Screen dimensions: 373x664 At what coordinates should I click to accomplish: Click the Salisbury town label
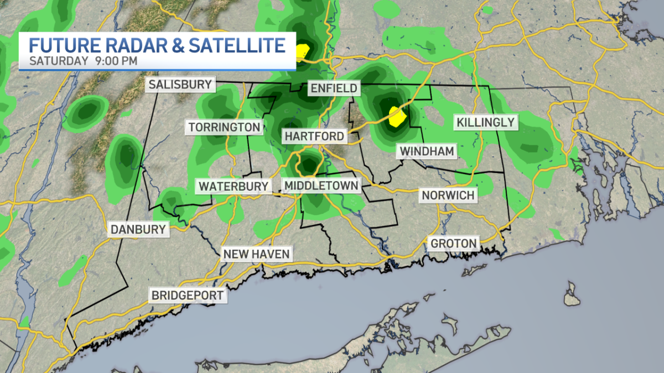180,85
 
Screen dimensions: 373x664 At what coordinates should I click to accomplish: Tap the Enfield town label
334,88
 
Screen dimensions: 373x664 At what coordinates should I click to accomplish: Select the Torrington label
224,127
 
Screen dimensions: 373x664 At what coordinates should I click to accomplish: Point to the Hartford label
314,136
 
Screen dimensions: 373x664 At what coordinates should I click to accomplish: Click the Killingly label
486,122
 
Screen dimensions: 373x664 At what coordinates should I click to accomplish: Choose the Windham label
427,151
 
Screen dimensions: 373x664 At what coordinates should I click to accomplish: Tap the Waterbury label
234,186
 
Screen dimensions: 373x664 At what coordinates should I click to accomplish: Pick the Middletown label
321,186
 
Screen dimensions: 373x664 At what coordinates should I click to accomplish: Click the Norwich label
448,195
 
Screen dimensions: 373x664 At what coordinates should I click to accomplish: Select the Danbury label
138,229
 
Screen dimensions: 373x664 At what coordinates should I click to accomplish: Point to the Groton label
453,243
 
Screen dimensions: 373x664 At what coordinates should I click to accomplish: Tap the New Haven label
256,254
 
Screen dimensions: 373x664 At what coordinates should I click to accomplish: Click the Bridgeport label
188,295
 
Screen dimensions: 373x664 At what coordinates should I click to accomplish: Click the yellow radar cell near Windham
397,117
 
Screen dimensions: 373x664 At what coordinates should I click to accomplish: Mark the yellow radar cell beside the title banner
302,51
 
